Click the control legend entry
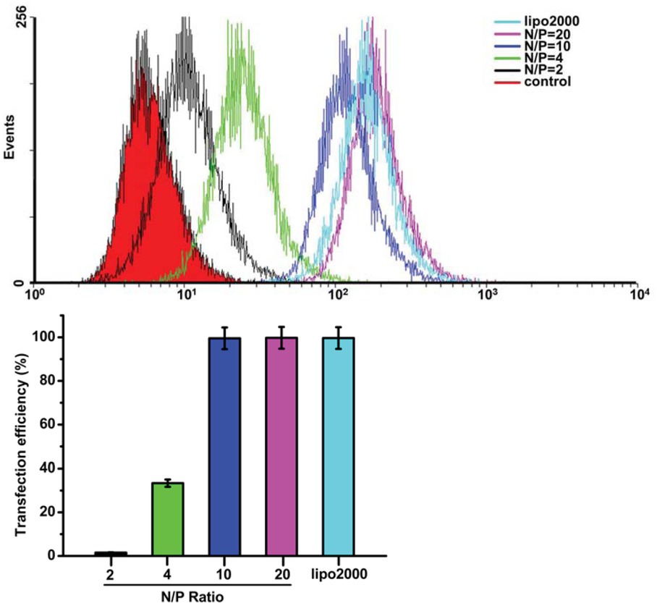(547, 82)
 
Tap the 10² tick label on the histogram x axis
(334, 295)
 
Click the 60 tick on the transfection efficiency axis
(47, 424)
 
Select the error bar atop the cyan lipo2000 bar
(338, 337)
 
